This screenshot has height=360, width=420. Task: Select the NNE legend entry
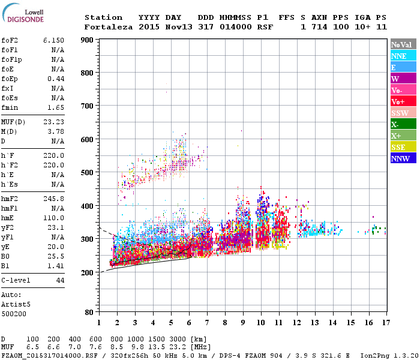[403, 56]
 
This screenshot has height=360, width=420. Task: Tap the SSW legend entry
[403, 113]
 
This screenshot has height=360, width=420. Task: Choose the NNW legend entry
[403, 158]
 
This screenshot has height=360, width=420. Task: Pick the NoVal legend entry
[403, 44]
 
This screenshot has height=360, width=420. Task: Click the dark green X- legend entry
[403, 124]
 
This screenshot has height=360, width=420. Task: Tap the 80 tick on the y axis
[88, 313]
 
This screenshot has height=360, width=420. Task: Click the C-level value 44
[59, 280]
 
